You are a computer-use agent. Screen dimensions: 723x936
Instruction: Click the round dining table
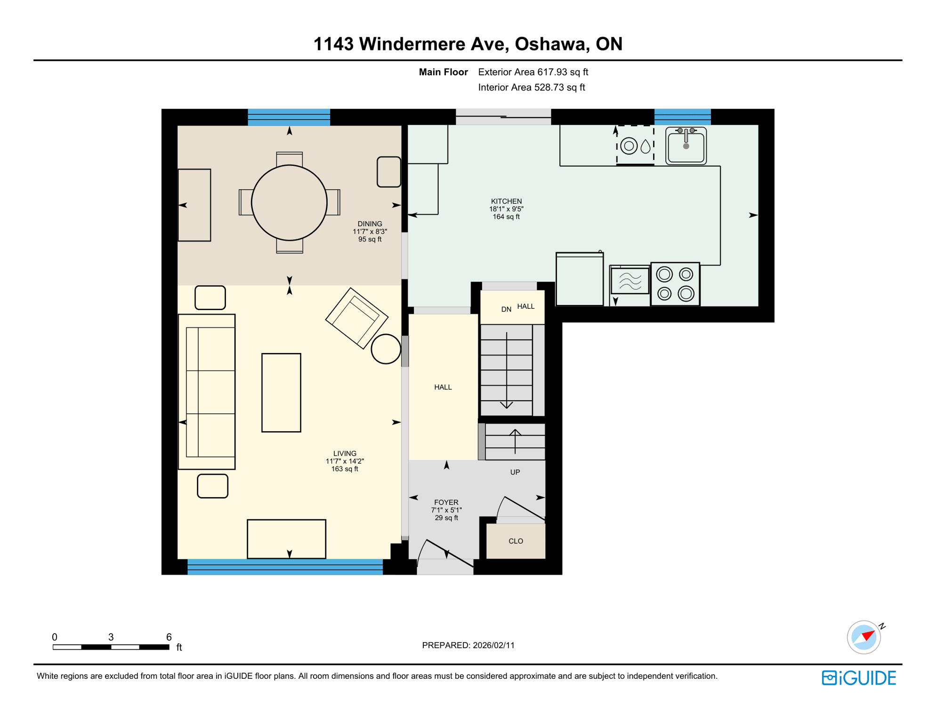tap(289, 203)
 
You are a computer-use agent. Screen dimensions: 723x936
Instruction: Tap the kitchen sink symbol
tap(686, 145)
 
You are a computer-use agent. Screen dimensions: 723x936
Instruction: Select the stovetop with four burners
tap(675, 284)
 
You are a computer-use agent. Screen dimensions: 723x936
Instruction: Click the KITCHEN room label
tap(506, 201)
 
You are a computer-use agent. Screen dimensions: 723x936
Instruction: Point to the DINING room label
tap(370, 224)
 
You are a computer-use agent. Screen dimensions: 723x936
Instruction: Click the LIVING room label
tap(345, 453)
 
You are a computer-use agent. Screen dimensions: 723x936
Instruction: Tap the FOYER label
tap(446, 502)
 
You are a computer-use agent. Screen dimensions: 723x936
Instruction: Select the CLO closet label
tap(516, 541)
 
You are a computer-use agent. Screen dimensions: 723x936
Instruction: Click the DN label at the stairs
tap(506, 309)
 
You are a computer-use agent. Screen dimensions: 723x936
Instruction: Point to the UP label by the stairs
tap(515, 472)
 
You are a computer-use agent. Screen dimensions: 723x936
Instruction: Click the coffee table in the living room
tap(281, 393)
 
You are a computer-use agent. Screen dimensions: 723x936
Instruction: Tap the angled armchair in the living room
tap(356, 318)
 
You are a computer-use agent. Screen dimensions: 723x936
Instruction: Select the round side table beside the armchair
tap(386, 349)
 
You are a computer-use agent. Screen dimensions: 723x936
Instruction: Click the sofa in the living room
tap(207, 392)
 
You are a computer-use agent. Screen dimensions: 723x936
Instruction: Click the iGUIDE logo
tap(859, 678)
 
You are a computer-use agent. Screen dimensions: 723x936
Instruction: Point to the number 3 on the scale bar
tap(111, 637)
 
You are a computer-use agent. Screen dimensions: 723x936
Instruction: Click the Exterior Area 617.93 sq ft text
tap(533, 72)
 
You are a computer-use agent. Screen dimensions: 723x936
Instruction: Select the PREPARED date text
tap(468, 645)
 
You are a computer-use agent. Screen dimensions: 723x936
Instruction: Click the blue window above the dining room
tap(289, 117)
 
